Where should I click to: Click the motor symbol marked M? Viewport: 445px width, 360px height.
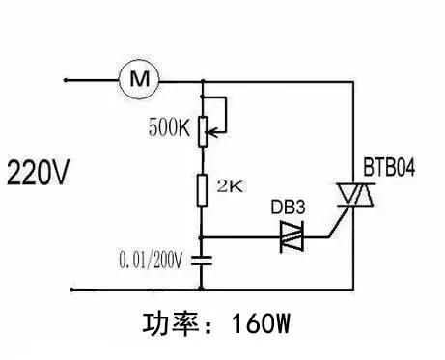138,79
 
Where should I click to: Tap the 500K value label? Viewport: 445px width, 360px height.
171,125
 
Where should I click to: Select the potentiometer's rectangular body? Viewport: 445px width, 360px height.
202,131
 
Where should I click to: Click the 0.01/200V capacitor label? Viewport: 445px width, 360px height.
152,260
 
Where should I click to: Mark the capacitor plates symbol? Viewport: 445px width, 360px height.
202,259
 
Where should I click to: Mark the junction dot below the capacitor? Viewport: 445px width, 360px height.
202,288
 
